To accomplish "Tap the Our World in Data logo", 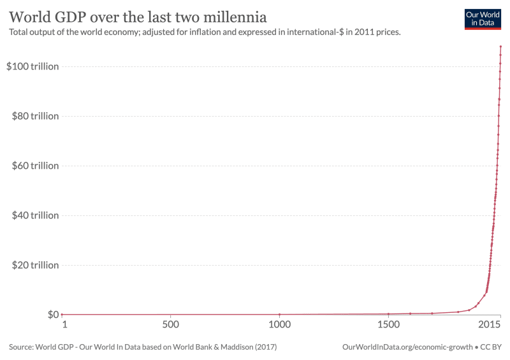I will [x=483, y=19].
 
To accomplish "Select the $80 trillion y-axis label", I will [x=34, y=116].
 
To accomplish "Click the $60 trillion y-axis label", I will [x=34, y=166].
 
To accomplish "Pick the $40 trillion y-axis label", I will [x=34, y=215].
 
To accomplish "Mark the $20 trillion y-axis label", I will [x=34, y=265].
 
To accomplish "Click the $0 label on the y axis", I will [x=52, y=315].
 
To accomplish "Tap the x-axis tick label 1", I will [x=64, y=326].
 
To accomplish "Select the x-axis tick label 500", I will [x=170, y=326].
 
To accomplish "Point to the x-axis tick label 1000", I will [x=279, y=326].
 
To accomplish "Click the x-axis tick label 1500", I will [x=388, y=326].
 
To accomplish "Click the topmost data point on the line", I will [x=501, y=47].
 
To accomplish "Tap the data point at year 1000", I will [x=279, y=314].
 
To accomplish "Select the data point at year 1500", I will [x=388, y=313].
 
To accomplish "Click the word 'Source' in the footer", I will [x=22, y=347].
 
